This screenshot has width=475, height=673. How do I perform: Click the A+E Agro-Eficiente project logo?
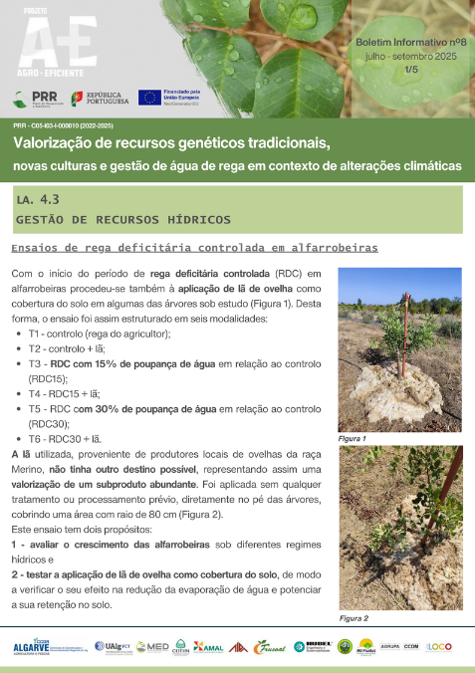43,44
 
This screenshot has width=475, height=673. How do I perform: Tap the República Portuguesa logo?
100,98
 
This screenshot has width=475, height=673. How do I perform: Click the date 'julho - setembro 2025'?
411,59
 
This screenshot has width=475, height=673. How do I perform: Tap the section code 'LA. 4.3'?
39,200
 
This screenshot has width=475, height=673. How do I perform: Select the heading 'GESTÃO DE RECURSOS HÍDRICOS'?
123,219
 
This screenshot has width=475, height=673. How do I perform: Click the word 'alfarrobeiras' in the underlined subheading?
334,248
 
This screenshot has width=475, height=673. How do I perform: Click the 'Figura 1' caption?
353,439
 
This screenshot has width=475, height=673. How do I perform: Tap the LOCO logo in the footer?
440,647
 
